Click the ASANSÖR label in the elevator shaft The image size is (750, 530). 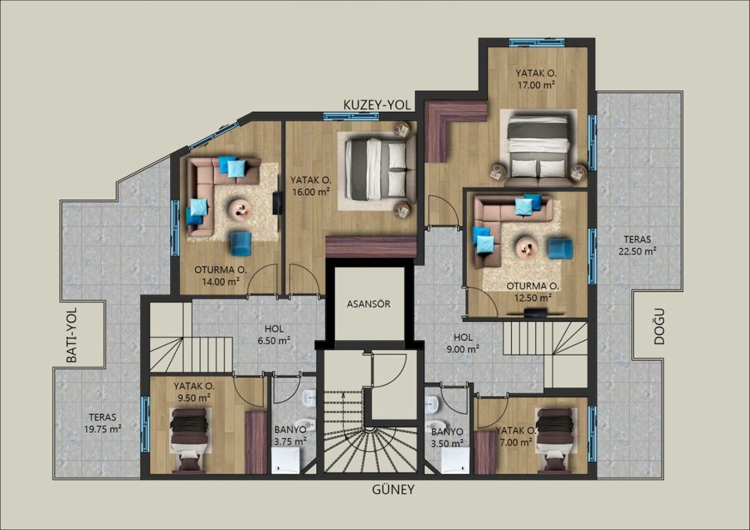click(368, 304)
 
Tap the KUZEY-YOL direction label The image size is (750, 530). click(378, 104)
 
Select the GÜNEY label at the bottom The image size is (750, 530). click(393, 490)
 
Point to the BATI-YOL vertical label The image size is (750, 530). click(72, 337)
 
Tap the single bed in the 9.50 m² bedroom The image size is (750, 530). click(189, 439)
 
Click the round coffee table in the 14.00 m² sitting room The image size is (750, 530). click(239, 209)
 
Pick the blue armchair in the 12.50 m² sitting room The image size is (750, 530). click(560, 248)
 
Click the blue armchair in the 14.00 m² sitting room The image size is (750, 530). click(240, 244)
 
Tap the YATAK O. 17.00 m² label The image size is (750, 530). click(536, 79)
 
